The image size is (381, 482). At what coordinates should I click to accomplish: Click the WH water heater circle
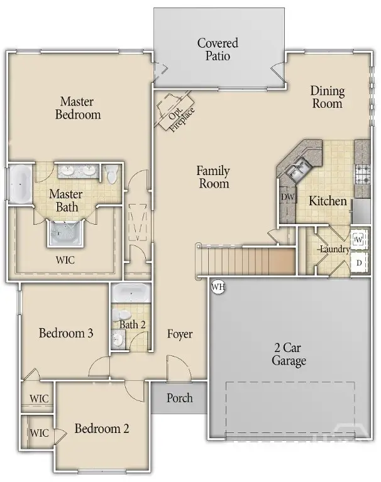coord(218,287)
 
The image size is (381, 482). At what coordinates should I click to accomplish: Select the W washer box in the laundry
coord(358,239)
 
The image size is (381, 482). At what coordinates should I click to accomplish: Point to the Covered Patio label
coord(218,50)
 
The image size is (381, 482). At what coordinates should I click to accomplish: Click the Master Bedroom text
coord(78,107)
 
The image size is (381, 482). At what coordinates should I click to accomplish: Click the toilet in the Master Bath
coord(112,174)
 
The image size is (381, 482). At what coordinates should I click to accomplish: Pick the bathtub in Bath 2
coord(131,293)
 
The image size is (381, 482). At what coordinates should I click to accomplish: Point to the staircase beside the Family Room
coord(245,260)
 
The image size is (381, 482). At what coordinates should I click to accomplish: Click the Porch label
coord(179,399)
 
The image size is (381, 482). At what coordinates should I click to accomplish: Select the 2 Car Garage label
coord(289,355)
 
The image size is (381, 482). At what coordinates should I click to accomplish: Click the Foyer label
coord(180,334)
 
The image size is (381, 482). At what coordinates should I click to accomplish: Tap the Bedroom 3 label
coord(66,333)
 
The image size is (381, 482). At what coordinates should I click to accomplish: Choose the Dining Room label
coord(327,97)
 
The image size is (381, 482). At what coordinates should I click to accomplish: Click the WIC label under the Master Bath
coord(65,260)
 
